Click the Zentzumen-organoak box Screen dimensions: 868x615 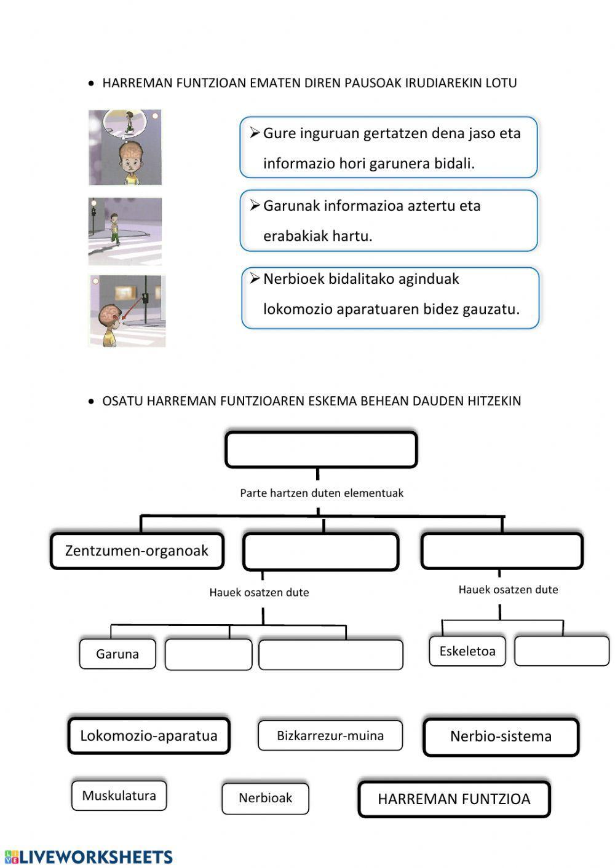click(137, 551)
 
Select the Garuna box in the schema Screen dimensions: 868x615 click(117, 654)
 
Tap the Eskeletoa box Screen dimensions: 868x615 click(467, 651)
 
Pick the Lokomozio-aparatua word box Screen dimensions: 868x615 click(149, 736)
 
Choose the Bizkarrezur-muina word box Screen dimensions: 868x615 click(330, 736)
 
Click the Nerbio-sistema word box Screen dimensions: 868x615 click(501, 737)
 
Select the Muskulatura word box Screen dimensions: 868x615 click(119, 796)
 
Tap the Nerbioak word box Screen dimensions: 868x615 click(265, 799)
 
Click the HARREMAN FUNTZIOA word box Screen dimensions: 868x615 click(454, 799)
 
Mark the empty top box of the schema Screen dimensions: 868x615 click(321, 450)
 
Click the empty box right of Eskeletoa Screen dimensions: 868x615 click(561, 651)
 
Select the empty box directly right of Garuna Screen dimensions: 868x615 click(208, 654)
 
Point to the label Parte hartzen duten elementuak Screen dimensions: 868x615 click(322, 493)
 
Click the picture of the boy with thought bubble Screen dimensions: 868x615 click(125, 147)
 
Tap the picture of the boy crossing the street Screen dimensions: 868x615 click(125, 231)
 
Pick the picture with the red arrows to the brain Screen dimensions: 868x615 click(127, 311)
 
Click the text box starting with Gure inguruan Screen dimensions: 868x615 click(389, 148)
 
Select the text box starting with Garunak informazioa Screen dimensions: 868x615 click(389, 221)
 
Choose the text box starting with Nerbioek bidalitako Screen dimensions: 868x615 click(391, 298)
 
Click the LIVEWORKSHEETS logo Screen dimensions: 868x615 click(89, 857)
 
